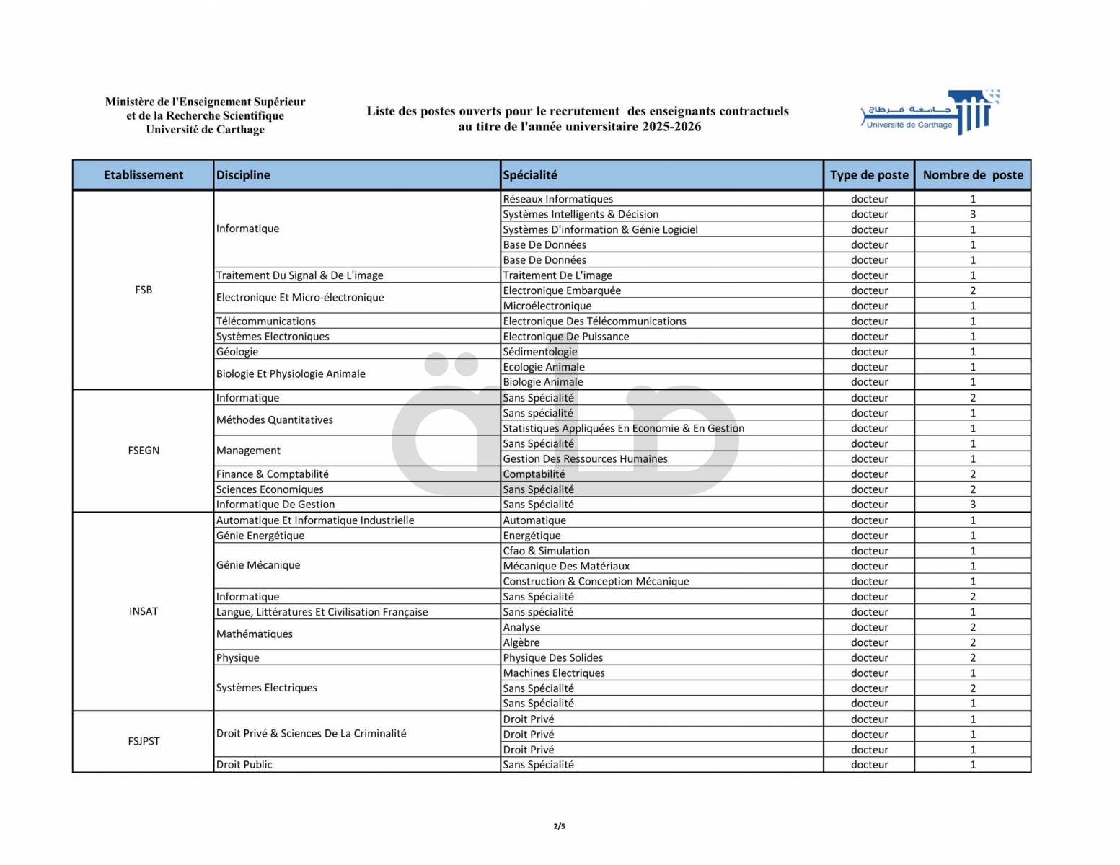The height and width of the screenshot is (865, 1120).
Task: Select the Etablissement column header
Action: point(144,175)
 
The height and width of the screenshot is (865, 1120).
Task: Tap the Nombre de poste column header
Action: point(972,175)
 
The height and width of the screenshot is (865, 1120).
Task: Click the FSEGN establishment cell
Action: point(144,451)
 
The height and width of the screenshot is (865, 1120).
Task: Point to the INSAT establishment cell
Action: point(144,611)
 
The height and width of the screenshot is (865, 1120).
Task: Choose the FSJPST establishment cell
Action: point(144,741)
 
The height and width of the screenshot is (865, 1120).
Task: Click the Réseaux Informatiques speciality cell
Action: point(558,199)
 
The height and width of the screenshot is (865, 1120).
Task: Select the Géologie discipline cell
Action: point(237,352)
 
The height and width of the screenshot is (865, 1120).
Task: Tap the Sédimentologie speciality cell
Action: point(540,352)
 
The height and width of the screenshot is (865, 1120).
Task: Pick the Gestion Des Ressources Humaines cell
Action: point(585,459)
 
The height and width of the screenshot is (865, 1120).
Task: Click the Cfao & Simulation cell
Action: point(546,551)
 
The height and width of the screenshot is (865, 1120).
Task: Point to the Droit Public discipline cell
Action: point(244,765)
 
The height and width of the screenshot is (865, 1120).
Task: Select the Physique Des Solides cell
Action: point(552,658)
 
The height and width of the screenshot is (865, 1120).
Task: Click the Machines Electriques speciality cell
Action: point(554,673)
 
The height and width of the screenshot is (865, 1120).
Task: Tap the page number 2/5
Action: point(560,826)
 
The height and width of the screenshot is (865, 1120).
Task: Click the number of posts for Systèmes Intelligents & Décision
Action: point(972,214)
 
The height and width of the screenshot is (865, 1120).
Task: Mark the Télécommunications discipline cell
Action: point(266,321)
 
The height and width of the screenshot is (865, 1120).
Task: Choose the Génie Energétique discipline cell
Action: point(260,536)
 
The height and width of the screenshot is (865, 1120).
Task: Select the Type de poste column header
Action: point(869,175)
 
